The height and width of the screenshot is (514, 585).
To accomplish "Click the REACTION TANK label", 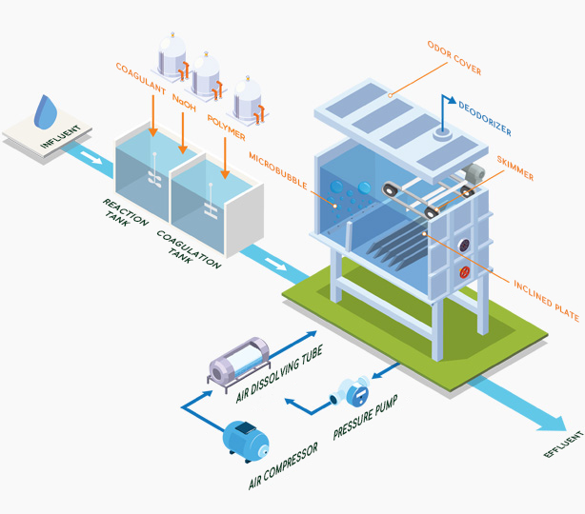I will (127, 217).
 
